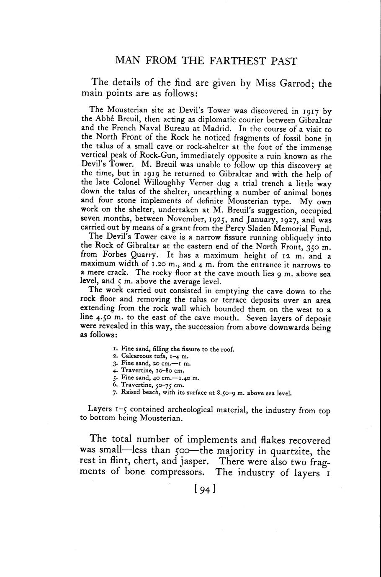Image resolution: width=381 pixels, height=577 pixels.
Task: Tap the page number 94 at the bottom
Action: (x=205, y=489)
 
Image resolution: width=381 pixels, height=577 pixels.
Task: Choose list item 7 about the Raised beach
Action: (x=206, y=393)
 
